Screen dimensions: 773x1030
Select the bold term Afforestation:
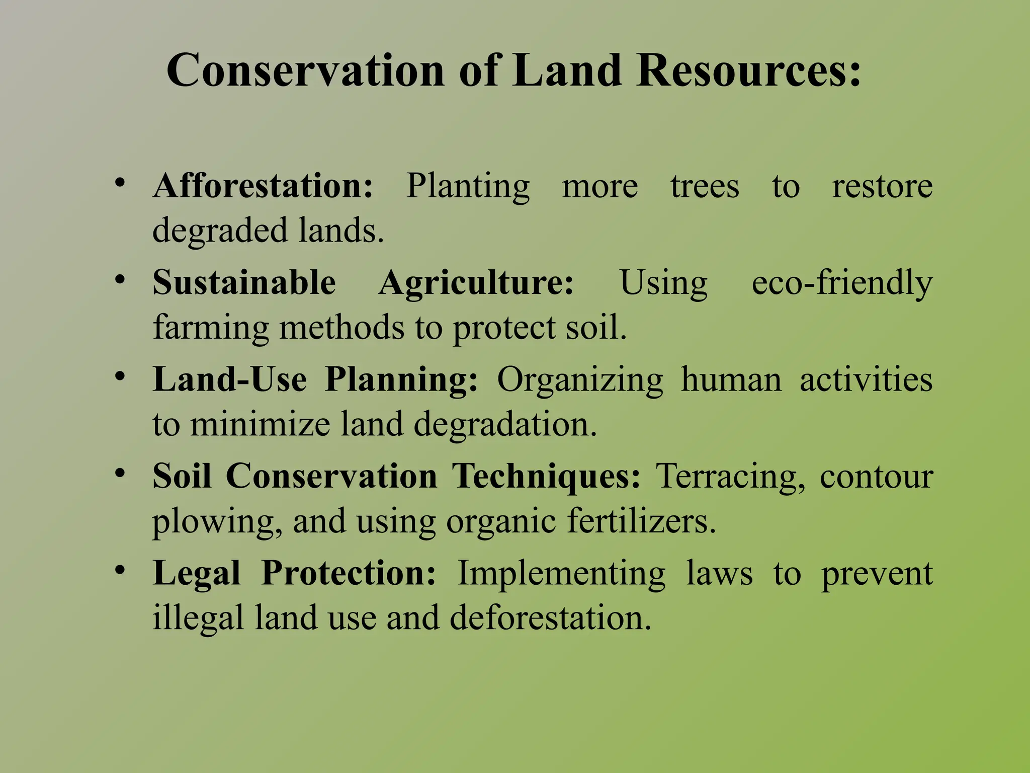(263, 186)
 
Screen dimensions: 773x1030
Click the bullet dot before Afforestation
(119, 182)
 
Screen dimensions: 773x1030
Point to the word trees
(705, 186)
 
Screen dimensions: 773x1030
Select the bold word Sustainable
(244, 282)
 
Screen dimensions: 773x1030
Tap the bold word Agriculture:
(476, 283)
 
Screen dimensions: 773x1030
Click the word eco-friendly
(842, 283)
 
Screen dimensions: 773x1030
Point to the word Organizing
(580, 380)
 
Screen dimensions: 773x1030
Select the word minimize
(260, 424)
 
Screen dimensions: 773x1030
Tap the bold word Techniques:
(546, 477)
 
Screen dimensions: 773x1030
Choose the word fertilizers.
(642, 521)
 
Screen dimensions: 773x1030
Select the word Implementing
(561, 574)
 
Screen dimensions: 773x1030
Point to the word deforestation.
(550, 617)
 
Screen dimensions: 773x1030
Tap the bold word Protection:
(349, 573)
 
